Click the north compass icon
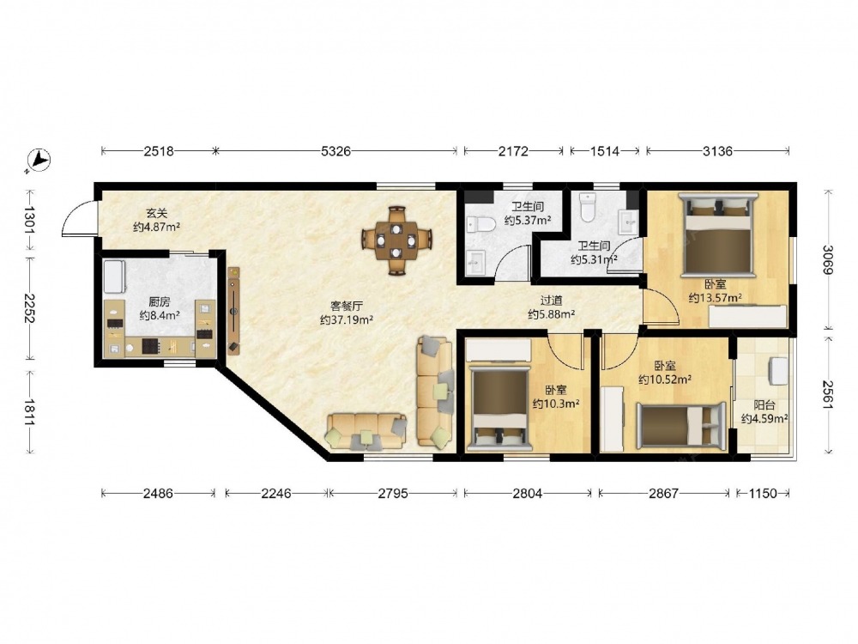[x=39, y=160]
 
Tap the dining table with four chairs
[x=396, y=240]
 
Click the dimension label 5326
[x=335, y=151]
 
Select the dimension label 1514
[x=604, y=151]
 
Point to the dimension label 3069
[x=827, y=259]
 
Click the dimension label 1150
[x=762, y=494]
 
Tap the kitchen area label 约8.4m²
[x=160, y=315]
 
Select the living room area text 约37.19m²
[x=347, y=319]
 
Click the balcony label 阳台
[x=764, y=405]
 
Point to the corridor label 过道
[x=551, y=300]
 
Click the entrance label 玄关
[x=156, y=212]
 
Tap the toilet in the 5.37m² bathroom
[x=481, y=223]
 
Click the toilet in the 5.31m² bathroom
[x=588, y=207]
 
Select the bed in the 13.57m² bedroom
[x=718, y=233]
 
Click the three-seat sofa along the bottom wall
[x=366, y=432]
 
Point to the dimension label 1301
[x=28, y=221]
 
